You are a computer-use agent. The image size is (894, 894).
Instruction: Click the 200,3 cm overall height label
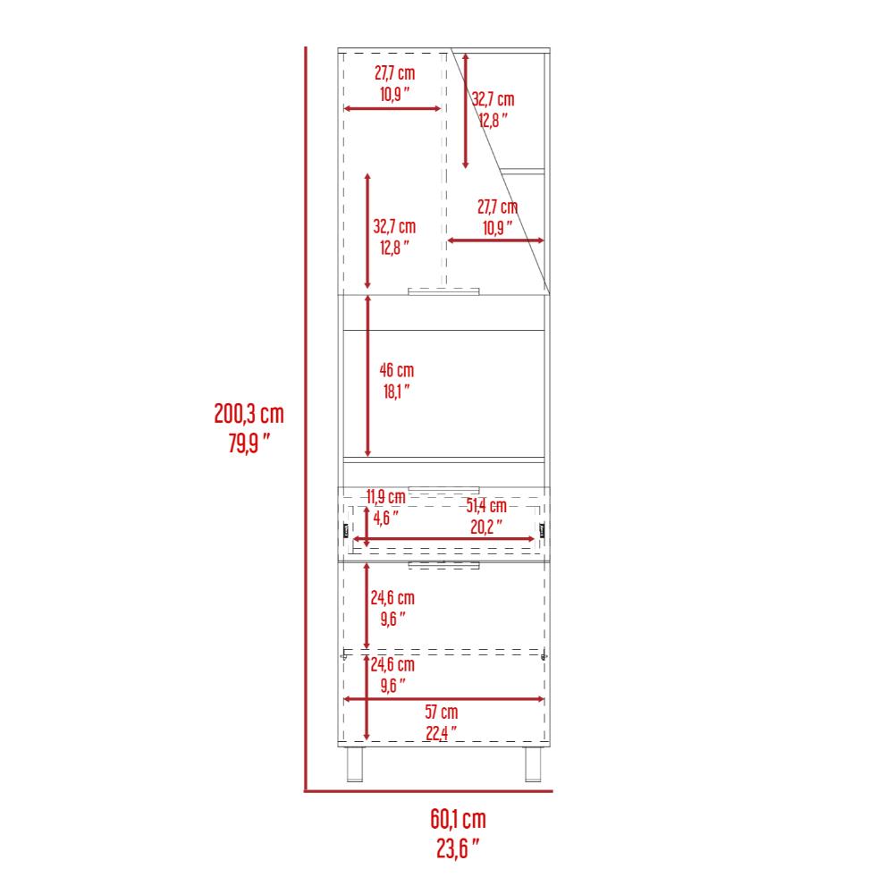pyautogui.click(x=249, y=414)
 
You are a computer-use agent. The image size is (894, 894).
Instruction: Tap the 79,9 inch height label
pyautogui.click(x=249, y=443)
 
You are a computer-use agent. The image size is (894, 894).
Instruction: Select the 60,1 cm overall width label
pyautogui.click(x=458, y=819)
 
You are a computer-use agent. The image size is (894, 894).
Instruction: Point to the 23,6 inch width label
pyautogui.click(x=458, y=848)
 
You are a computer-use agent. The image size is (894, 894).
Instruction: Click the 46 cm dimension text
pyautogui.click(x=397, y=371)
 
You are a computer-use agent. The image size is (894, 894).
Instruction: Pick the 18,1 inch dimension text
pyautogui.click(x=397, y=392)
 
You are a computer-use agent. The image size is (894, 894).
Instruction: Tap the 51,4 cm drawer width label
pyautogui.click(x=486, y=505)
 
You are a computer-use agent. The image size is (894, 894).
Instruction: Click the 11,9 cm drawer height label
pyautogui.click(x=386, y=496)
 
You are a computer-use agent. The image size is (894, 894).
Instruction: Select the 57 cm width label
pyautogui.click(x=442, y=713)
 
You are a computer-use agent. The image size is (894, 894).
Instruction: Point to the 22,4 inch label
pyautogui.click(x=442, y=733)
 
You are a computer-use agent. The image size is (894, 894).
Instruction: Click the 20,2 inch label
pyautogui.click(x=486, y=527)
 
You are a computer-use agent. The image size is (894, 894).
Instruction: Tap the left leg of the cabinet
pyautogui.click(x=355, y=764)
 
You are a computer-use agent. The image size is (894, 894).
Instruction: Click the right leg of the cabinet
pyautogui.click(x=533, y=764)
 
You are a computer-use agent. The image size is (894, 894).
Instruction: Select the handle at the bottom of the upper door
pyautogui.click(x=443, y=292)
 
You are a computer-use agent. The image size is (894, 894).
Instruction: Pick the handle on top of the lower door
pyautogui.click(x=443, y=565)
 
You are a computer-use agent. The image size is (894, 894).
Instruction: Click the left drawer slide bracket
pyautogui.click(x=346, y=531)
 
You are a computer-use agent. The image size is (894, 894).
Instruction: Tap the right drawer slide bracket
pyautogui.click(x=543, y=531)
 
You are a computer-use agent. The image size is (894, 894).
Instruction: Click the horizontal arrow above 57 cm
pyautogui.click(x=443, y=700)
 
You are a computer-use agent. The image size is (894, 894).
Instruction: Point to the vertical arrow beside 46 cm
pyautogui.click(x=367, y=376)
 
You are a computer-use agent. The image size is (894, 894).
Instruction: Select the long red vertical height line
pyautogui.click(x=306, y=419)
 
